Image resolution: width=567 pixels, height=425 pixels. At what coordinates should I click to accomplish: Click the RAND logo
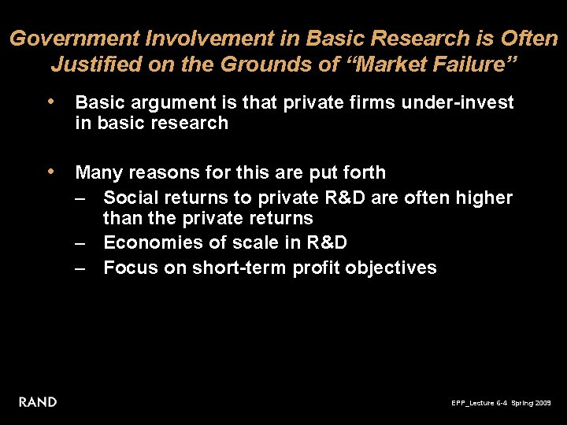point(38,402)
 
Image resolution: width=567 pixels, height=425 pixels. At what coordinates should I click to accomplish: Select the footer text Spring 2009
point(532,403)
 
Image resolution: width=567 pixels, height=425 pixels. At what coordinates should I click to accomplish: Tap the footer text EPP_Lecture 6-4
point(479,403)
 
